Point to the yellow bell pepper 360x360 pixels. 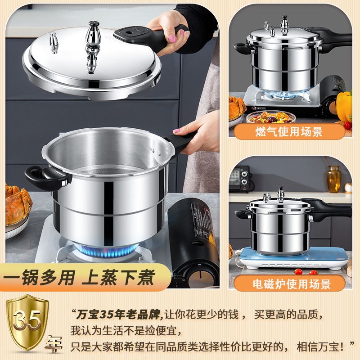pos(345,105)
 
